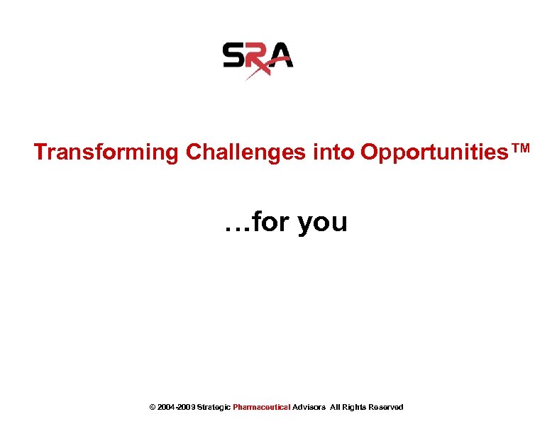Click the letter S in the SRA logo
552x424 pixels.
tap(234, 55)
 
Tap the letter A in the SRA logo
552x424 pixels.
tap(281, 55)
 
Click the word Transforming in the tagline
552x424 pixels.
tap(106, 152)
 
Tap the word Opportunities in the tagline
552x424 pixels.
tap(434, 152)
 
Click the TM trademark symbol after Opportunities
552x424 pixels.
tap(519, 148)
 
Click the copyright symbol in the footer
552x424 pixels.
tap(153, 407)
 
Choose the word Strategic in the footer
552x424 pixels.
tap(214, 407)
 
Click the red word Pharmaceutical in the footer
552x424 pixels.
tap(261, 407)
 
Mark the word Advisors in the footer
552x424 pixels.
tap(309, 407)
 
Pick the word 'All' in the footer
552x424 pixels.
tap(336, 407)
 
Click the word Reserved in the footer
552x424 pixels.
tap(386, 407)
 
